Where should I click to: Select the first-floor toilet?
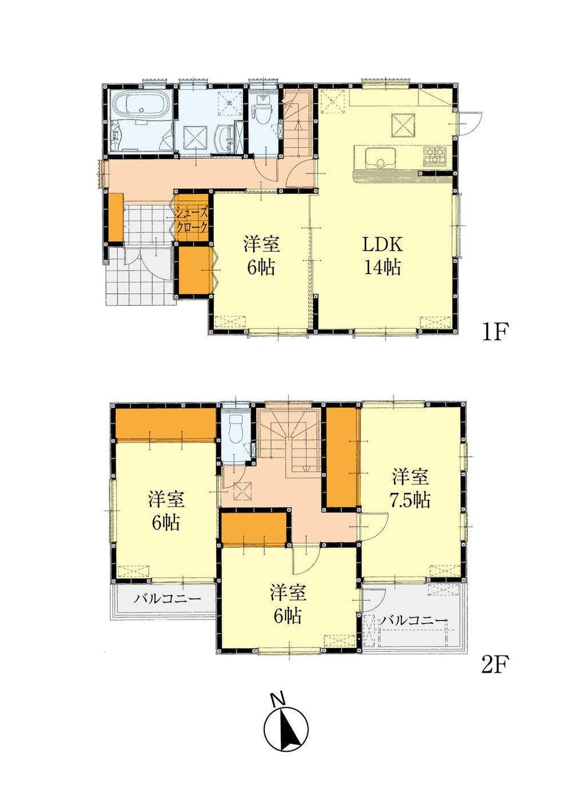tap(263, 111)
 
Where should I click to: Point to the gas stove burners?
tap(435, 155)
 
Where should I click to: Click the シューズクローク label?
tap(192, 219)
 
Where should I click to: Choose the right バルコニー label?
tap(414, 620)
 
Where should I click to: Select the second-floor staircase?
tap(289, 437)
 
